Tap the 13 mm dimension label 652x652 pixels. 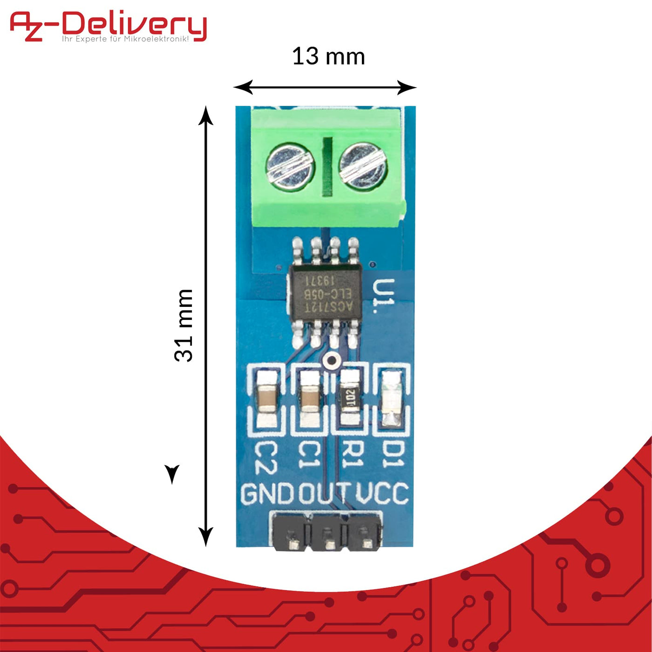pyautogui.click(x=328, y=57)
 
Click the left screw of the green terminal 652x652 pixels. pyautogui.click(x=290, y=166)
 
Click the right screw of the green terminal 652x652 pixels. pyautogui.click(x=362, y=166)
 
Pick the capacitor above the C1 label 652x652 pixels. pyautogui.click(x=310, y=398)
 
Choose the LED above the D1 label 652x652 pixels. pyautogui.click(x=391, y=398)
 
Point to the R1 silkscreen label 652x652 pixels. pyautogui.click(x=353, y=455)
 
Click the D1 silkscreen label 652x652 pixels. pyautogui.click(x=394, y=455)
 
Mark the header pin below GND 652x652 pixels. pyautogui.click(x=293, y=544)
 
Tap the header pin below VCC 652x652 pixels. pyautogui.click(x=367, y=543)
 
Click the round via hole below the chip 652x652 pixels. pyautogui.click(x=332, y=360)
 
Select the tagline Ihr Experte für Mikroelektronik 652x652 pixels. pyautogui.click(x=126, y=39)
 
